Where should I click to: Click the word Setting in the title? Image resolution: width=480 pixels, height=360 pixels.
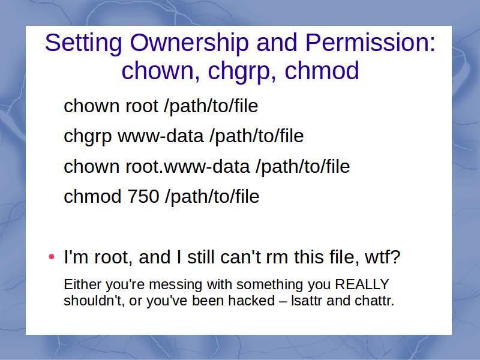[x=83, y=43]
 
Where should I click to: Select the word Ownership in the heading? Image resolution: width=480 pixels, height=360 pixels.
[x=189, y=43]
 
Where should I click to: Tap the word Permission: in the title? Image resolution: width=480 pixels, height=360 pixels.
[x=370, y=42]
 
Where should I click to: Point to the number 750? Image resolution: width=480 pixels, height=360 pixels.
[x=143, y=197]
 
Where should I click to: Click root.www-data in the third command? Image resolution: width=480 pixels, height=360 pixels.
[x=187, y=167]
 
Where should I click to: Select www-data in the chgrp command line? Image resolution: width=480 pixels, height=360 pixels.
[x=161, y=136]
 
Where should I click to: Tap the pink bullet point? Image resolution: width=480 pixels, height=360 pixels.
[x=52, y=257]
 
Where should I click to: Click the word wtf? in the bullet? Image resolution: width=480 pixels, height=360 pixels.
[x=383, y=257]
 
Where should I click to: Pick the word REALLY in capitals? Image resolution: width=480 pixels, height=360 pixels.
[x=362, y=284]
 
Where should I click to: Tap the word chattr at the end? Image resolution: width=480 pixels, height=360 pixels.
[x=374, y=301]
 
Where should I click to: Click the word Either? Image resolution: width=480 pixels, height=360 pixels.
[x=83, y=284]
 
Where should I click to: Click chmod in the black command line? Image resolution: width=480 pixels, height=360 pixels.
[x=92, y=197]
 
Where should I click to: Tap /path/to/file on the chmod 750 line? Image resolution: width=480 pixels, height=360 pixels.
[x=212, y=197]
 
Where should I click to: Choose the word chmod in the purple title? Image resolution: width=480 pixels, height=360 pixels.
[x=322, y=70]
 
